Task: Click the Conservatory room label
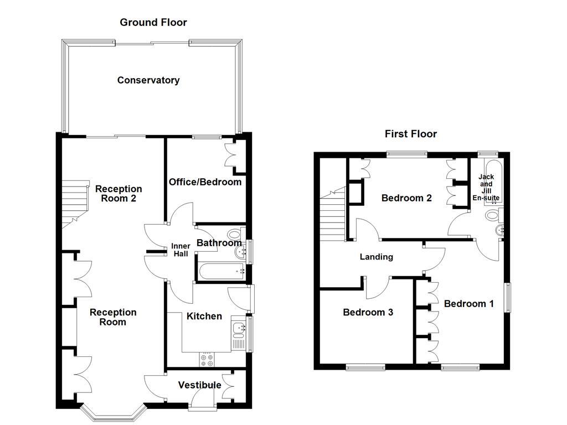point(148,80)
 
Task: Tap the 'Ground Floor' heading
point(153,23)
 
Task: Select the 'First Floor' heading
point(411,134)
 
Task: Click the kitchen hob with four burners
point(208,360)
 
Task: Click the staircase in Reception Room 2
point(75,203)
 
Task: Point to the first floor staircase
point(332,213)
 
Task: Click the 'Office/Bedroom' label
point(205,182)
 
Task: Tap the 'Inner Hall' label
point(181,250)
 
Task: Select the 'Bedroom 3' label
point(368,313)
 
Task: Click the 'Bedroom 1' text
point(468,304)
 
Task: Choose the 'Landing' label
point(376,257)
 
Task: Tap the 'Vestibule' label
point(199,385)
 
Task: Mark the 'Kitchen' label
point(204,317)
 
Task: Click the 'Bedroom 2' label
point(406,198)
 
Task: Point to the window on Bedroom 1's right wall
point(507,298)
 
